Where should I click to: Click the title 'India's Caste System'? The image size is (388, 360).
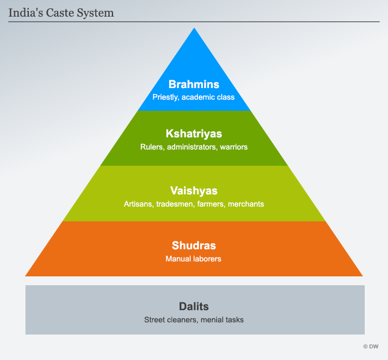click(61, 12)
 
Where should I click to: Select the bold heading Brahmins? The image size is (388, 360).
click(194, 85)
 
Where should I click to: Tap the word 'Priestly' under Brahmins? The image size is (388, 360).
click(166, 97)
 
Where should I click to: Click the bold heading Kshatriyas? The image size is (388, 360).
click(194, 135)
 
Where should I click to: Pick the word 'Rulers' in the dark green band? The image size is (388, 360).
click(151, 147)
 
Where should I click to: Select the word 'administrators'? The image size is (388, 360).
click(190, 147)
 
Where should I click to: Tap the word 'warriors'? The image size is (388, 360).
click(233, 147)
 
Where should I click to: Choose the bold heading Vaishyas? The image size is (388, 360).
click(194, 191)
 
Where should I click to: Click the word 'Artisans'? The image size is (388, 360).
click(137, 204)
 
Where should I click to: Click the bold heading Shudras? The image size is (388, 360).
click(194, 246)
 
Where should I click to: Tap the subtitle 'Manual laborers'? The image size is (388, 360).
click(194, 259)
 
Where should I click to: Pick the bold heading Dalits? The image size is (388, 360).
click(194, 306)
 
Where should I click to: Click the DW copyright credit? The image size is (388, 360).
click(371, 346)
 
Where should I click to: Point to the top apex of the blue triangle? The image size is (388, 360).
click(194, 29)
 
